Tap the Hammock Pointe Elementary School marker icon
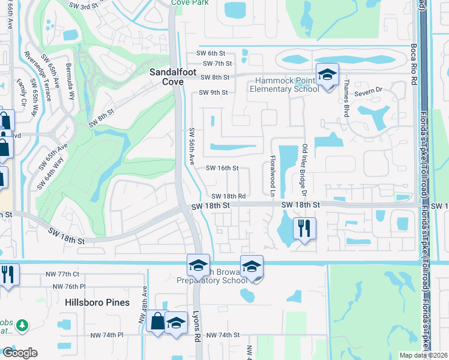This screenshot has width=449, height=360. point(327,75)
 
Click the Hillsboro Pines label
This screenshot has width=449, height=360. point(97,302)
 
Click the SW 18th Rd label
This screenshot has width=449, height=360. point(229,196)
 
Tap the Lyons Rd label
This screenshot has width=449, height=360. point(196,326)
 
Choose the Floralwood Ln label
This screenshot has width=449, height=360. point(272,175)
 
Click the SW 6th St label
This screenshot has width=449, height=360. point(217,53)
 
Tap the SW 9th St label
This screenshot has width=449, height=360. point(213,92)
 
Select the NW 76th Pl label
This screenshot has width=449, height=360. point(67,287)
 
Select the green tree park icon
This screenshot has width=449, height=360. point(22,325)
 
